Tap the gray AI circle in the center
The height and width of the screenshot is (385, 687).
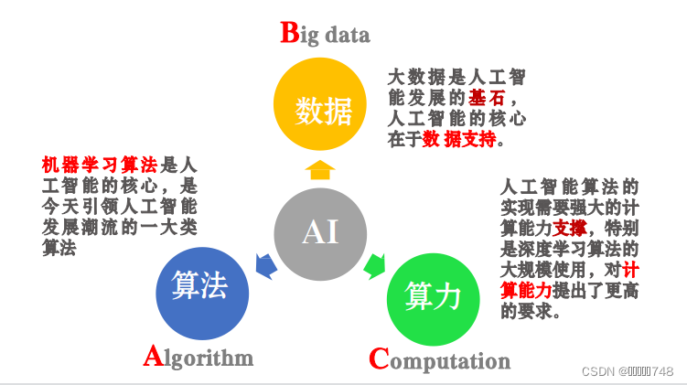pyautogui.click(x=320, y=232)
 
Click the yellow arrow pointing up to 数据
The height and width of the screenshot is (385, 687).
pyautogui.click(x=320, y=169)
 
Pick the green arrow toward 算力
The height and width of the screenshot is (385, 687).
pyautogui.click(x=374, y=267)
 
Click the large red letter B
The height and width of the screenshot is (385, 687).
pyautogui.click(x=289, y=33)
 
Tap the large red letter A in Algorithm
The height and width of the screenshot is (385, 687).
pyautogui.click(x=154, y=356)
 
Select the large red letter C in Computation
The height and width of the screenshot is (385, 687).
pyautogui.click(x=379, y=358)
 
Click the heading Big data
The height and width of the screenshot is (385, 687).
pyautogui.click(x=325, y=35)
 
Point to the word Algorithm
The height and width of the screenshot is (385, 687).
pyautogui.click(x=199, y=357)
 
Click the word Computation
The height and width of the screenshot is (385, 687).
pyautogui.click(x=439, y=360)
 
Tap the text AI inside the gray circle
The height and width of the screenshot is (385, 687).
pyautogui.click(x=320, y=232)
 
